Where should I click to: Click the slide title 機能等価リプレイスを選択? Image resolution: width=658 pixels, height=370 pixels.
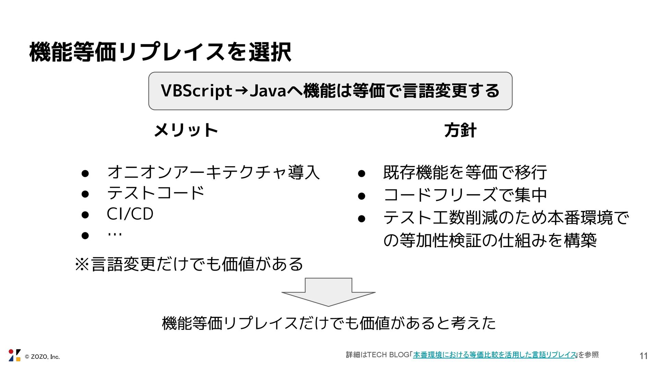tap(160, 52)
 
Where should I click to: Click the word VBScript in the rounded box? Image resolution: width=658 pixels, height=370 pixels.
tap(196, 91)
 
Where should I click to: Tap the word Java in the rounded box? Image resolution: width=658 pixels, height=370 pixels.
tap(268, 91)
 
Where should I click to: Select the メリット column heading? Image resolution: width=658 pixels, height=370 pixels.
tap(186, 131)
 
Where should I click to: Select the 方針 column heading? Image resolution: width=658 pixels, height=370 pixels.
tap(460, 131)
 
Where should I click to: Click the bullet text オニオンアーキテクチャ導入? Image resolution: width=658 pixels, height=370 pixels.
tap(213, 172)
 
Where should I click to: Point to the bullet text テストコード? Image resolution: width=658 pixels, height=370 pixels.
tap(156, 193)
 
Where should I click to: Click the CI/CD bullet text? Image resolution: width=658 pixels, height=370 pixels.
tap(130, 214)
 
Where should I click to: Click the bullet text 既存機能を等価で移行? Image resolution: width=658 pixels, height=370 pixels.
tap(465, 172)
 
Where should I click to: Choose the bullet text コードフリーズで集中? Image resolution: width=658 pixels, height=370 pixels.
tap(465, 195)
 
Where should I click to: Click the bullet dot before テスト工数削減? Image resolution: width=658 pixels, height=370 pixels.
tap(362, 218)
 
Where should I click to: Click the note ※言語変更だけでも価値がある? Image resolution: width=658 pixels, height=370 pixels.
tap(189, 264)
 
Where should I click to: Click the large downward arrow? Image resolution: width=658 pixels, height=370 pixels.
tap(328, 292)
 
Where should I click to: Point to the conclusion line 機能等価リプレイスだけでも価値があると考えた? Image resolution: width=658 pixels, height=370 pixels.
tap(329, 323)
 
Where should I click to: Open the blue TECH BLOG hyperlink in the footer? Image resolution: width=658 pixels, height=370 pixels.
tap(495, 355)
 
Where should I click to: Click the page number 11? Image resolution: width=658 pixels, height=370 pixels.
tap(643, 356)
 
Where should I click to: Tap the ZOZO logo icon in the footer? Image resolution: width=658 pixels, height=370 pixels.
tap(14, 355)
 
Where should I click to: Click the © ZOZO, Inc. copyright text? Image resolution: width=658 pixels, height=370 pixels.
tap(42, 357)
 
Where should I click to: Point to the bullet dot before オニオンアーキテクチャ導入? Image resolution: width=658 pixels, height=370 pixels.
tap(85, 173)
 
